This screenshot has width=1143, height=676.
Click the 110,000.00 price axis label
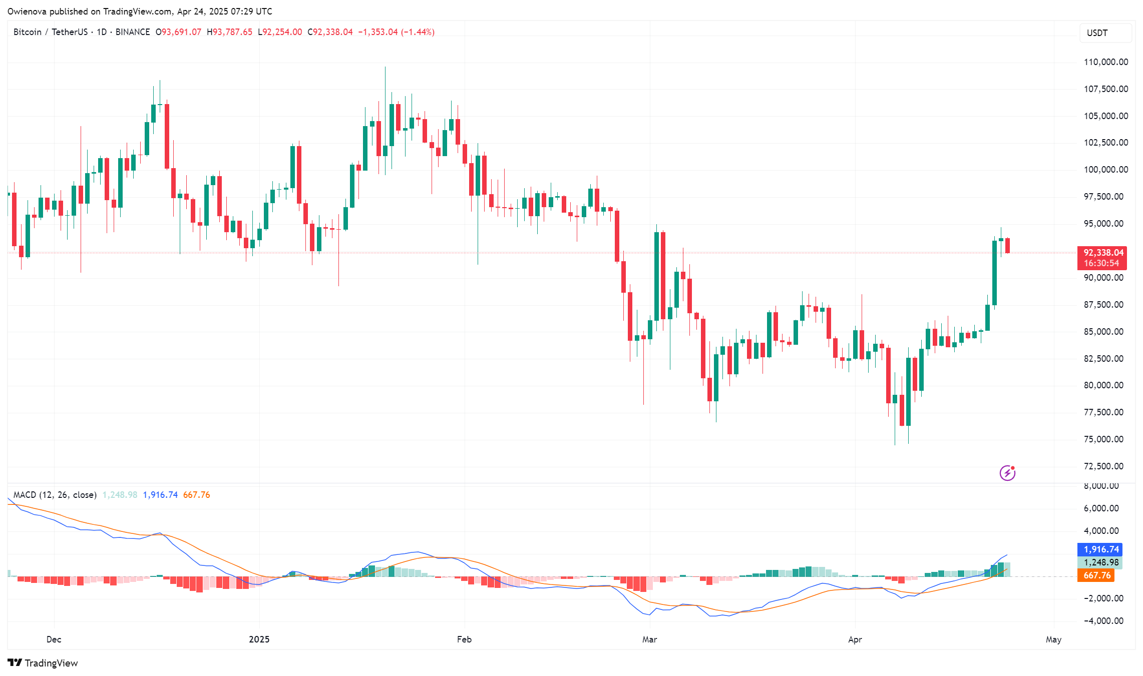pos(1105,62)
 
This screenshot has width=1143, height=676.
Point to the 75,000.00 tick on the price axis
pos(1103,439)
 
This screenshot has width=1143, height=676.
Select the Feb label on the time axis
pos(464,639)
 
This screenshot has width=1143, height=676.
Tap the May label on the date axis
pos(1053,639)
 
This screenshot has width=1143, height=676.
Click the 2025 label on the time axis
pos(259,639)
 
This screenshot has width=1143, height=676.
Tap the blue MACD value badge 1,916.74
pos(1100,549)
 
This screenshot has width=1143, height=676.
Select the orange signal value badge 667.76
pos(1096,575)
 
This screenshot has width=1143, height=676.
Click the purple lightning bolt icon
pos(1007,473)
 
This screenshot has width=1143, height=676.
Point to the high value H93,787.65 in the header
pos(230,32)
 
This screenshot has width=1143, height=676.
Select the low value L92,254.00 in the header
pos(280,32)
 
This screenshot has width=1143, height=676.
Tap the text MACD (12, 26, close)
pos(55,495)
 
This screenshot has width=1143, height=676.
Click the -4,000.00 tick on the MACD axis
pos(1103,621)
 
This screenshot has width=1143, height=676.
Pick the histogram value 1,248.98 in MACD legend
pos(120,495)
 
